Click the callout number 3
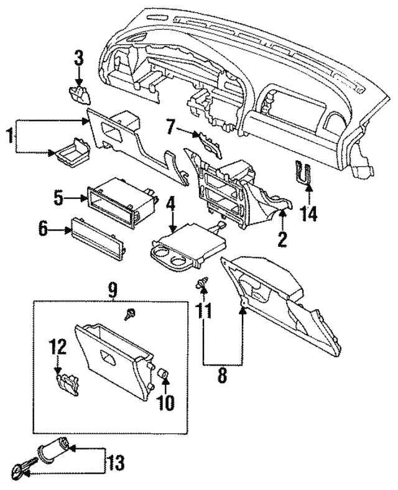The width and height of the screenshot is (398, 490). point(78,60)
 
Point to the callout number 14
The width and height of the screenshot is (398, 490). point(308,215)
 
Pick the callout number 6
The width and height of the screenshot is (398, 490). point(44,230)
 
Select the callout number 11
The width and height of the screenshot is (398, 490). point(204,309)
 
